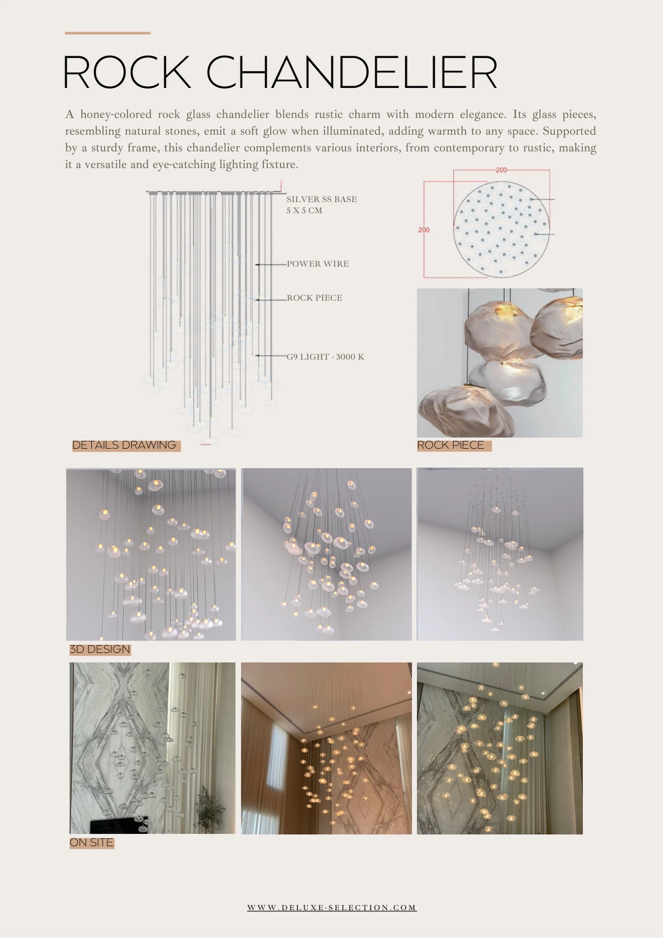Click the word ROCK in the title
point(126,72)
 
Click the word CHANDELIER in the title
point(352,72)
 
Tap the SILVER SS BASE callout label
point(322,199)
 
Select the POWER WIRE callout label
point(317,264)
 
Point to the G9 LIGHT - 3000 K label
point(325,357)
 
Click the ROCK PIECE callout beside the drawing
point(314,298)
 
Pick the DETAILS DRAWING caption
point(124,445)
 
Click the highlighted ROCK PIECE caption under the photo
point(451,445)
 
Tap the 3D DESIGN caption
point(100,650)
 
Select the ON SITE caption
point(91,843)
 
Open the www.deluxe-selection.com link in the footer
point(332,907)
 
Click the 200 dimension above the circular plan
point(502,170)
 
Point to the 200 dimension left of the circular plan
point(424,230)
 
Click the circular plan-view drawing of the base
point(502,229)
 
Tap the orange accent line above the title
point(107,33)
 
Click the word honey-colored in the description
point(116,114)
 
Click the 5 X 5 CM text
point(305,210)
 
